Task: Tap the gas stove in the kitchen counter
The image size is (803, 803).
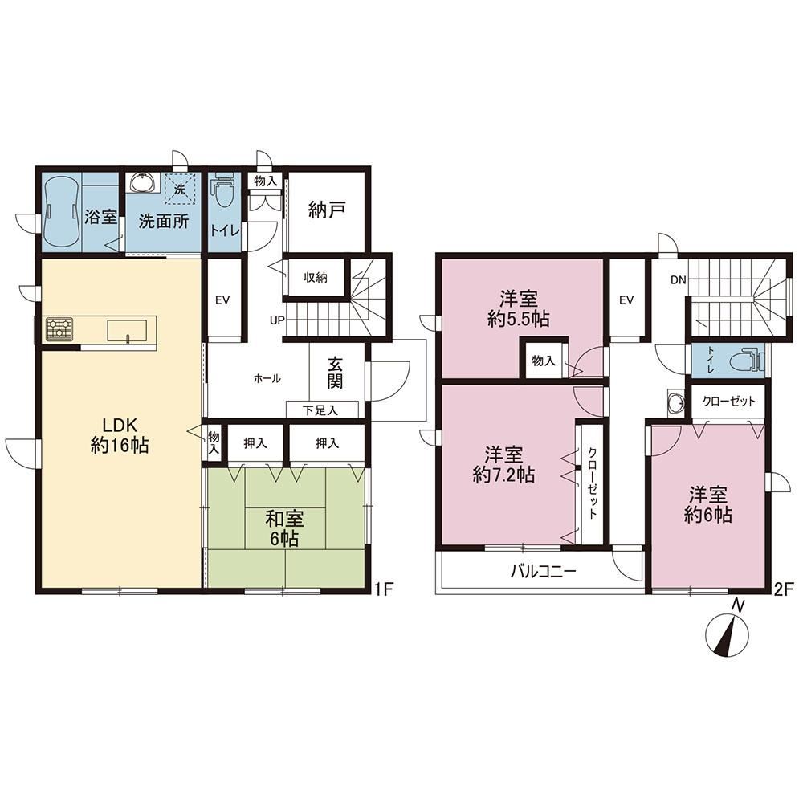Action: coord(60,328)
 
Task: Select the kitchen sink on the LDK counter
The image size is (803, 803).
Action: coord(127,330)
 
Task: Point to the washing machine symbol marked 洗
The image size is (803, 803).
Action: coord(179,188)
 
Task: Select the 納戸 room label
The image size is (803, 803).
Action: coord(327,210)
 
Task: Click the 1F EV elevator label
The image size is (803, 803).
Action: coord(222,300)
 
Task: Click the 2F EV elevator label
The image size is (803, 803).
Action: coord(626,300)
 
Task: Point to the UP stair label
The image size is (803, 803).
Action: coord(277,321)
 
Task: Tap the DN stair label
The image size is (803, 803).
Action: coord(678,280)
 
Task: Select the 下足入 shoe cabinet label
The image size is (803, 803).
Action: coord(320,410)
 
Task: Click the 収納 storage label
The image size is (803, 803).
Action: coord(316,278)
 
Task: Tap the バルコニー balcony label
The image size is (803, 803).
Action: coord(544,571)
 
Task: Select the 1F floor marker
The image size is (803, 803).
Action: coord(382,589)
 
